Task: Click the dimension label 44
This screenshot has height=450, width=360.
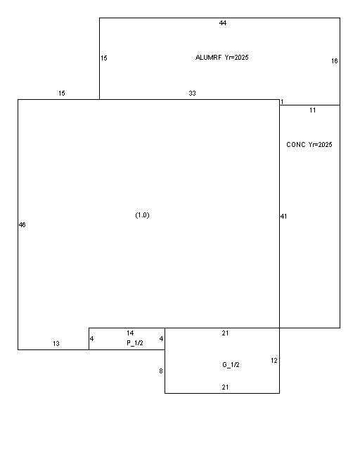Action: click(223, 23)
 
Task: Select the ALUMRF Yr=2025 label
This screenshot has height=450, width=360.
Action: click(222, 58)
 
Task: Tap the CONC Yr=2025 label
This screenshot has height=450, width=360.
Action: click(309, 145)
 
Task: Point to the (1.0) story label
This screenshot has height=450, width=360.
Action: click(143, 215)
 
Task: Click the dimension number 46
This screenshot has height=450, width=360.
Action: click(22, 225)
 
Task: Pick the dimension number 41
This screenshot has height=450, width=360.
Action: click(283, 217)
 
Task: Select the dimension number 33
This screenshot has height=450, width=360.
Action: click(193, 94)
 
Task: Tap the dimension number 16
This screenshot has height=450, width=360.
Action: click(335, 61)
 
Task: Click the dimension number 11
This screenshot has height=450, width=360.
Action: click(313, 110)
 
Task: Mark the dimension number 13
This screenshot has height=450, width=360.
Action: click(56, 344)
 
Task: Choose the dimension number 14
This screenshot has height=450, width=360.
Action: click(130, 333)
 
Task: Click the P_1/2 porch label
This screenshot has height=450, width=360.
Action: click(135, 343)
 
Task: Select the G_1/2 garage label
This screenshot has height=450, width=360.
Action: click(231, 365)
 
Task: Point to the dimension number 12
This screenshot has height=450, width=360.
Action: click(274, 361)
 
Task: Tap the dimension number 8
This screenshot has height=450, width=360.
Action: click(161, 371)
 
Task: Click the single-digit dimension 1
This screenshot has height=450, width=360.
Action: click(282, 102)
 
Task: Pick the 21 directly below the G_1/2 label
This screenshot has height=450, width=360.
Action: click(226, 387)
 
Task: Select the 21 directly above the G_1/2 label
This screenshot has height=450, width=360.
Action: click(226, 333)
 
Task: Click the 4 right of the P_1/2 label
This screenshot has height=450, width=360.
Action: click(161, 339)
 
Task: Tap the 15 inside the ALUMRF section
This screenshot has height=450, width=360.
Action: click(104, 58)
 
